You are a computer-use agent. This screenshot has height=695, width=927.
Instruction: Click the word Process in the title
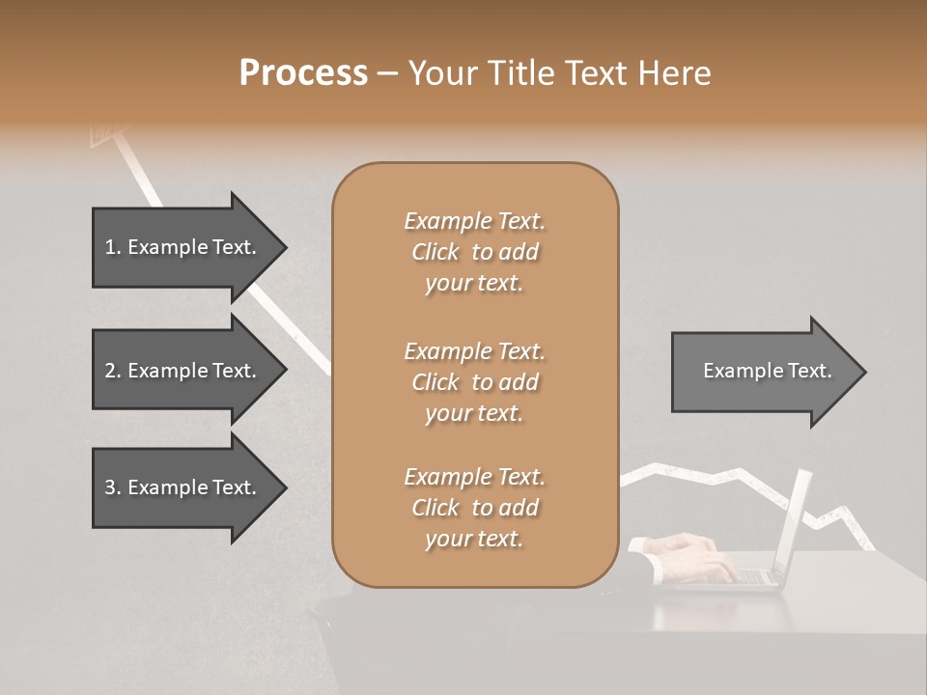pos(303,72)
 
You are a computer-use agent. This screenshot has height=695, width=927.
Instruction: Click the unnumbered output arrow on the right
pos(763,371)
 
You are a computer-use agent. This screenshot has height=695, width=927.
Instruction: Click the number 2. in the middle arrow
pos(113,371)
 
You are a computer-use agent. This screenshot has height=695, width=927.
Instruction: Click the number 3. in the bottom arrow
pos(113,487)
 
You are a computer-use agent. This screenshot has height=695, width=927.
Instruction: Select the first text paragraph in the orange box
pos(474,252)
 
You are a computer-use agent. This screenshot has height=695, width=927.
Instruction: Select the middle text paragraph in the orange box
pos(474,381)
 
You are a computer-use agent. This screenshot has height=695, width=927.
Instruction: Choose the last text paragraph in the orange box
pos(474,508)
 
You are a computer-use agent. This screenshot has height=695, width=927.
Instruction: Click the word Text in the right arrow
pos(809,371)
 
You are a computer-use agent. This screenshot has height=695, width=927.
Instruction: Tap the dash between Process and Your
pos(387,73)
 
